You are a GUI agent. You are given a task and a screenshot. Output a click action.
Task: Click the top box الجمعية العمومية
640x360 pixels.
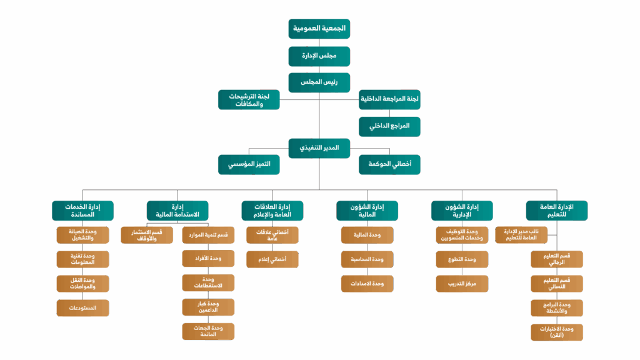click(319, 29)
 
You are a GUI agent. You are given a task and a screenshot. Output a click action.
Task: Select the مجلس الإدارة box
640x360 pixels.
click(319, 56)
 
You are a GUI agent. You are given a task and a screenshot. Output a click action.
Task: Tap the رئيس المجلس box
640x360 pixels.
click(319, 82)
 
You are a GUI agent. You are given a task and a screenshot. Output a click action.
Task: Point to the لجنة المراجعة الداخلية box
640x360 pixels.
click(389, 99)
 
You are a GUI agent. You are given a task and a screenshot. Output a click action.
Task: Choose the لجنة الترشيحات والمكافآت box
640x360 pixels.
click(249, 100)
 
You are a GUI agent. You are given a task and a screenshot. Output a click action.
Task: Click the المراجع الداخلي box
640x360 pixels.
click(389, 126)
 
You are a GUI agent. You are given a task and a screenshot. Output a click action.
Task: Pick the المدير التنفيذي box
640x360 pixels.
click(319, 148)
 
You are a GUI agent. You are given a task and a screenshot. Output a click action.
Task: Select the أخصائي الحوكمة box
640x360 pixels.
click(389, 164)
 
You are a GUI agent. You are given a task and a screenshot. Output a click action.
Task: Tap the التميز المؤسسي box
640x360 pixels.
click(249, 164)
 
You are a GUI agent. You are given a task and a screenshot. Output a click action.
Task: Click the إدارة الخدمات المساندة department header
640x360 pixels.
click(82, 211)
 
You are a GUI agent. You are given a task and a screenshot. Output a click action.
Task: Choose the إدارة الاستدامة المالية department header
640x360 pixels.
click(177, 211)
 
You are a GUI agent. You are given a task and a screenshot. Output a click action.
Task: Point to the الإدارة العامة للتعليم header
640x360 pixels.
click(557, 211)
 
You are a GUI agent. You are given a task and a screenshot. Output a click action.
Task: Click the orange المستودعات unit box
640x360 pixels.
click(82, 308)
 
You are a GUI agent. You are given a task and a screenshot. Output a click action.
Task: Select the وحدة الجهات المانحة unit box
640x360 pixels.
click(208, 331)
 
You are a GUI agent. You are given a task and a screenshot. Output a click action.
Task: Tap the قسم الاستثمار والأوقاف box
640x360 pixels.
click(147, 235)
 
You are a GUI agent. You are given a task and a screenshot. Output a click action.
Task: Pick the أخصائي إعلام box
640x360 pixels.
click(272, 259)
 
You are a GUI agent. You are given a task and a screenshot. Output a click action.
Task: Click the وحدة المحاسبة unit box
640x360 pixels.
click(367, 259)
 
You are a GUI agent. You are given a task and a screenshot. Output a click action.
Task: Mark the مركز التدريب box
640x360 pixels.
click(462, 284)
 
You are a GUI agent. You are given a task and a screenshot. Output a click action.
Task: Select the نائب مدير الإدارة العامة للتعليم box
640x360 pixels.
click(521, 235)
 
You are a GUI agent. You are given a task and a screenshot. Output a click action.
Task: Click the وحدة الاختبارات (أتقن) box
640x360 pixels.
click(557, 332)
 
